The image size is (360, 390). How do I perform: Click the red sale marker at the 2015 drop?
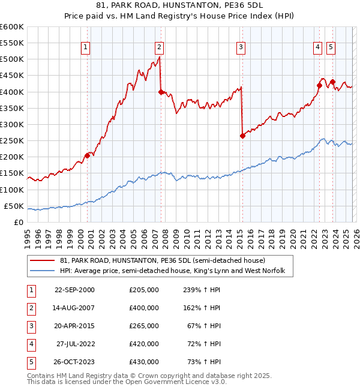click(x=242, y=136)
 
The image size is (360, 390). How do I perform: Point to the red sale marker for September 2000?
click(x=88, y=155)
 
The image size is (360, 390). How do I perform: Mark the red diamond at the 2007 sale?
click(x=161, y=92)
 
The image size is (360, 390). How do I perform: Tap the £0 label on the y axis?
click(x=17, y=222)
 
